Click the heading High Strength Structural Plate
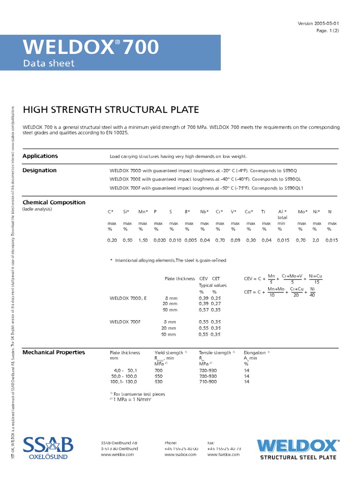coord(111,110)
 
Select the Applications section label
coord(40,156)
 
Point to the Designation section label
coord(39,170)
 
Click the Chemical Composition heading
coord(54,202)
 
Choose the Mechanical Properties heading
coord(54,352)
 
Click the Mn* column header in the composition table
coord(142,212)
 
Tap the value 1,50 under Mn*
coord(143,240)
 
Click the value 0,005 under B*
coord(190,240)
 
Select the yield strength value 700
coord(159,370)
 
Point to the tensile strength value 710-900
coord(208,382)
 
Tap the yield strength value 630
coord(159,382)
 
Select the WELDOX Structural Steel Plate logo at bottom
coord(298,449)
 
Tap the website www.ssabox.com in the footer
coord(180,455)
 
